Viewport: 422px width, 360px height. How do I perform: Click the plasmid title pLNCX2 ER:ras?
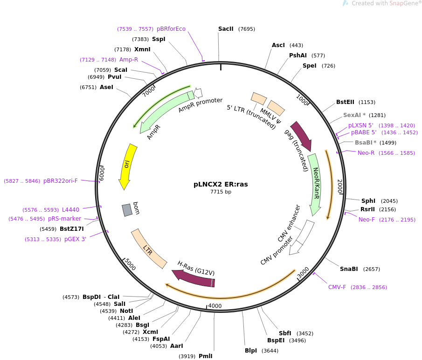click(221, 184)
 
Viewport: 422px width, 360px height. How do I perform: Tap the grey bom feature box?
click(127, 210)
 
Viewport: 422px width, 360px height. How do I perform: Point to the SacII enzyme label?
click(226, 29)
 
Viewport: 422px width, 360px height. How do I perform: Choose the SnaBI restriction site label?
click(349, 269)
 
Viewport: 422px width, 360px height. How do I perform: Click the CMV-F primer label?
click(337, 287)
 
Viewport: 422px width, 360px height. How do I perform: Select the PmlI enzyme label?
click(206, 356)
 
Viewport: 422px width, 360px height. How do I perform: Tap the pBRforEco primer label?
click(171, 29)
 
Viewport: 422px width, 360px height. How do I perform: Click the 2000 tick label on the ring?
click(340, 186)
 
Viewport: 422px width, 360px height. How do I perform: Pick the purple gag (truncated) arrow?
click(301, 136)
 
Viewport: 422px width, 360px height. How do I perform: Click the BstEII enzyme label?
click(346, 102)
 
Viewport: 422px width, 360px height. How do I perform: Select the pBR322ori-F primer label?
click(61, 181)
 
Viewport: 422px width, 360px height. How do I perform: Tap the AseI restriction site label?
click(106, 87)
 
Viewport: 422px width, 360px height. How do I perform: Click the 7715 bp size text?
click(221, 192)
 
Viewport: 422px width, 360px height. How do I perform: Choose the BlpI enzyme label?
click(251, 351)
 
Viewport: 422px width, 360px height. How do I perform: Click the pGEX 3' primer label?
click(76, 239)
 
